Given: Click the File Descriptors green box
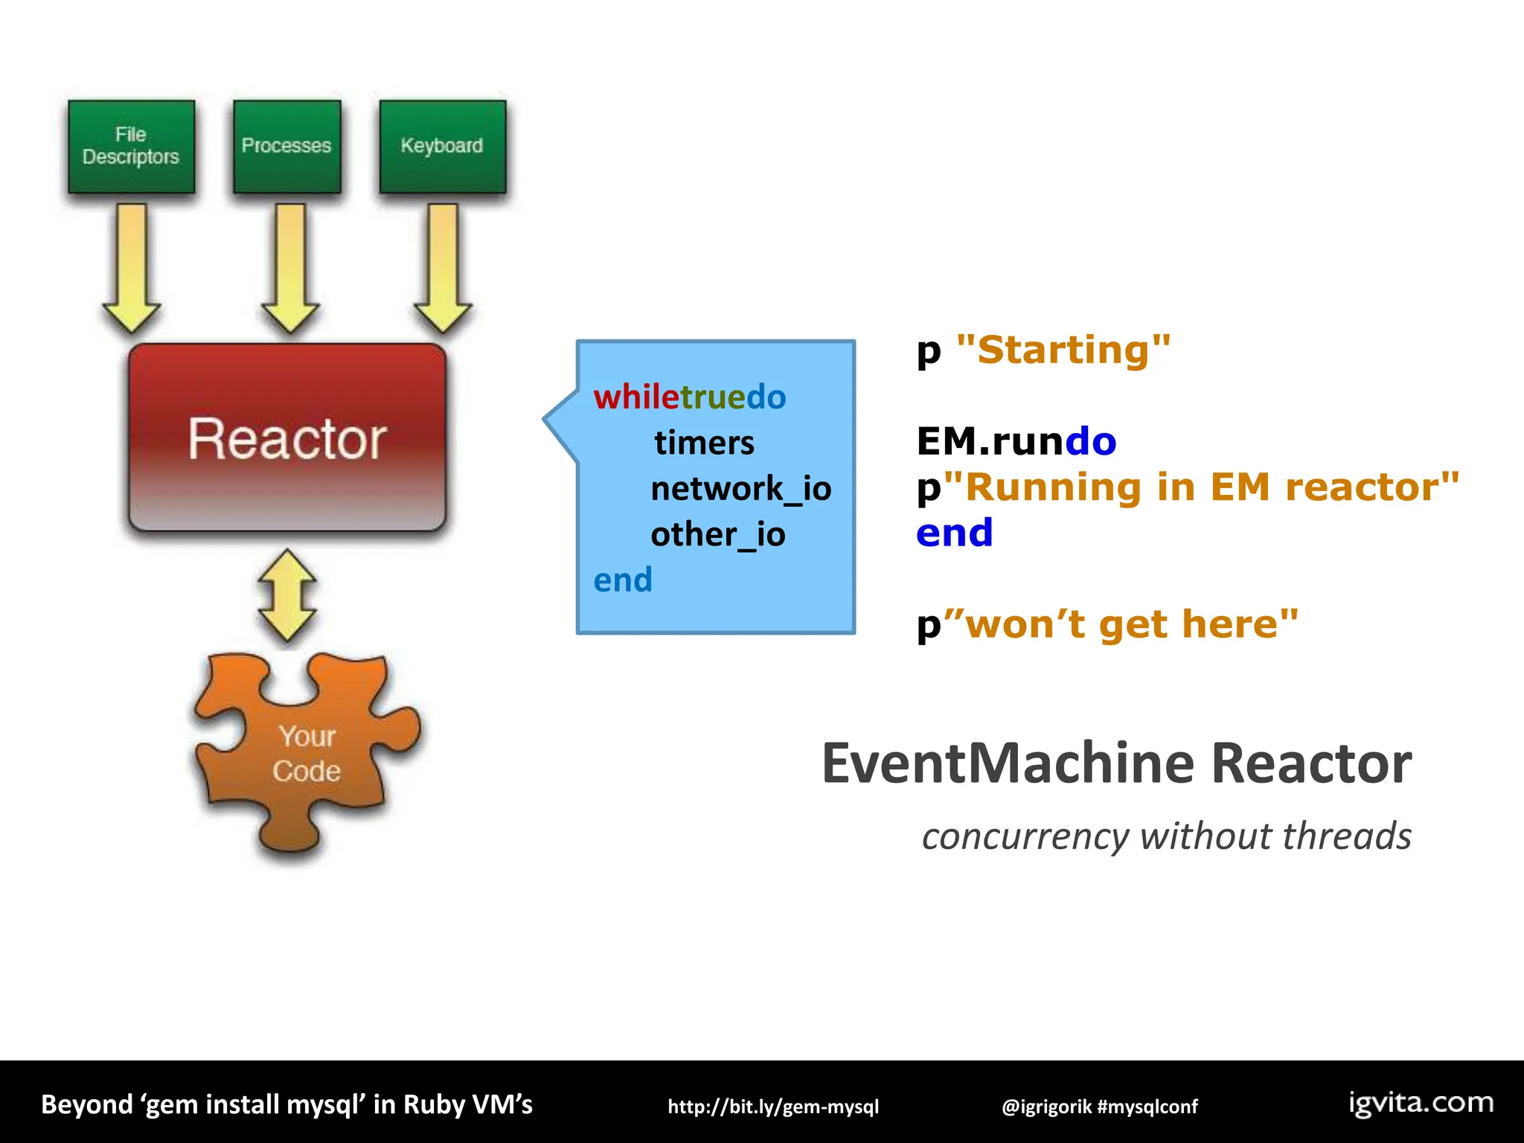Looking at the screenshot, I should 131,147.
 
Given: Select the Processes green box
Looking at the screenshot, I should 286,147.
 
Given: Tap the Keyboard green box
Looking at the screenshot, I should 442,147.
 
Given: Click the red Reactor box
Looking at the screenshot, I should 287,438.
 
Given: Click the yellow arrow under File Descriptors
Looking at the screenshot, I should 132,268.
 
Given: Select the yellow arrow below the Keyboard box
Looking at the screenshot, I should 443,268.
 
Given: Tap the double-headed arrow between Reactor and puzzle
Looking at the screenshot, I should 287,595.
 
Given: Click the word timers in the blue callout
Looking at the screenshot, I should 704,443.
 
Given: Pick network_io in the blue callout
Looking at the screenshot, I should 740,489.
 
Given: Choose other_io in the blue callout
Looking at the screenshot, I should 717,534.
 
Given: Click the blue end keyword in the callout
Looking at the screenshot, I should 623,580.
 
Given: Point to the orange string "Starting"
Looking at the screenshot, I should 1063,350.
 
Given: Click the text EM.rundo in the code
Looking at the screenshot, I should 1016,441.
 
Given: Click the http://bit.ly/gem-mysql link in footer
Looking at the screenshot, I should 773,1107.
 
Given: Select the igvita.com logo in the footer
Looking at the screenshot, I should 1421,1103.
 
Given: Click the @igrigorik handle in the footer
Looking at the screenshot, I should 1046,1107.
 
